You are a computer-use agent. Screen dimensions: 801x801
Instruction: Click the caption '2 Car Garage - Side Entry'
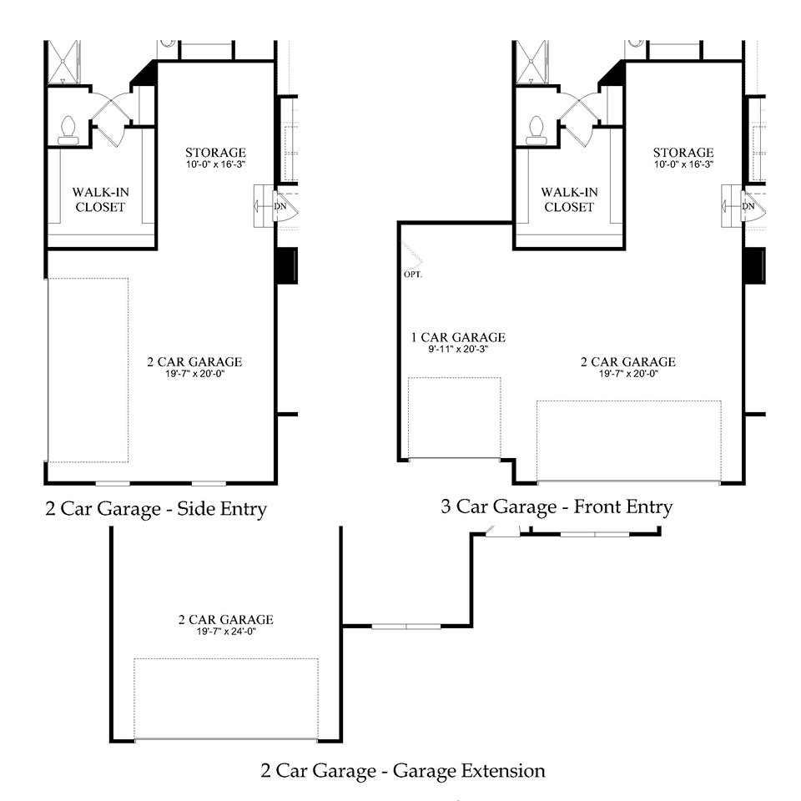156,509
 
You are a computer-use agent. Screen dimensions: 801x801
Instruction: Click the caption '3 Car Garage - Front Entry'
556,506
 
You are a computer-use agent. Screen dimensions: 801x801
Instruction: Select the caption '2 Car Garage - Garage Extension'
402,770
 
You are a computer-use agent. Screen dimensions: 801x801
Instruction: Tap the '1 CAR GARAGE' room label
457,337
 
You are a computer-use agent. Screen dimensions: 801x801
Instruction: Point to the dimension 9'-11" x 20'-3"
457,350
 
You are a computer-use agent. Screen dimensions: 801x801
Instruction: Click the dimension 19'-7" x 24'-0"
225,632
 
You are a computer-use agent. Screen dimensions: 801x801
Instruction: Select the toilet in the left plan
69,126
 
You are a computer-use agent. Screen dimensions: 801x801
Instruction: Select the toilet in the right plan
537,126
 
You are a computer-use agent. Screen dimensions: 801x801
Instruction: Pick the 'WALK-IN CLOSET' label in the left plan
100,199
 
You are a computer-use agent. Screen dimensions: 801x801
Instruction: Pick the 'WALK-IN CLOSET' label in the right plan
569,199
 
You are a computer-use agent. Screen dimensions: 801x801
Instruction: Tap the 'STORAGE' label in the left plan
215,153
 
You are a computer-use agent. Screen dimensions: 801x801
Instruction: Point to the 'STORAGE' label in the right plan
683,153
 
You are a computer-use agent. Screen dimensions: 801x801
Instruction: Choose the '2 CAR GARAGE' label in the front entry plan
627,361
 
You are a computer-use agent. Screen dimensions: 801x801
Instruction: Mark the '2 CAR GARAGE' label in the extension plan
225,619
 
